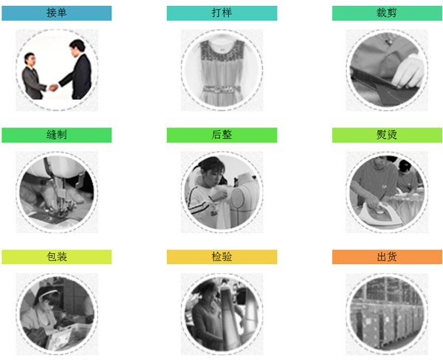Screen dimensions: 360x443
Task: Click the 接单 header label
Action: (57, 13)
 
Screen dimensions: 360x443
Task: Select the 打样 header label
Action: (221, 13)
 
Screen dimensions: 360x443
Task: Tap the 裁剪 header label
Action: (387, 13)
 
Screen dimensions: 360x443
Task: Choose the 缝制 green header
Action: (57, 135)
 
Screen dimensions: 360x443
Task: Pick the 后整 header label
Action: (221, 135)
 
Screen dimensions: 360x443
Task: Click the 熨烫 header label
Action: (387, 135)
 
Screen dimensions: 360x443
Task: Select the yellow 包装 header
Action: (57, 257)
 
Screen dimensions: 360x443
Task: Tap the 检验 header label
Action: (221, 257)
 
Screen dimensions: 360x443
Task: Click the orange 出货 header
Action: (387, 257)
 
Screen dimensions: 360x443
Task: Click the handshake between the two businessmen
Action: (54, 88)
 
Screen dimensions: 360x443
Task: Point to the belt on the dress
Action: (221, 89)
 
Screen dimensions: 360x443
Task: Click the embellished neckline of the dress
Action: (221, 49)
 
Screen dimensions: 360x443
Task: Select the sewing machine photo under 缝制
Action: (57, 193)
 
